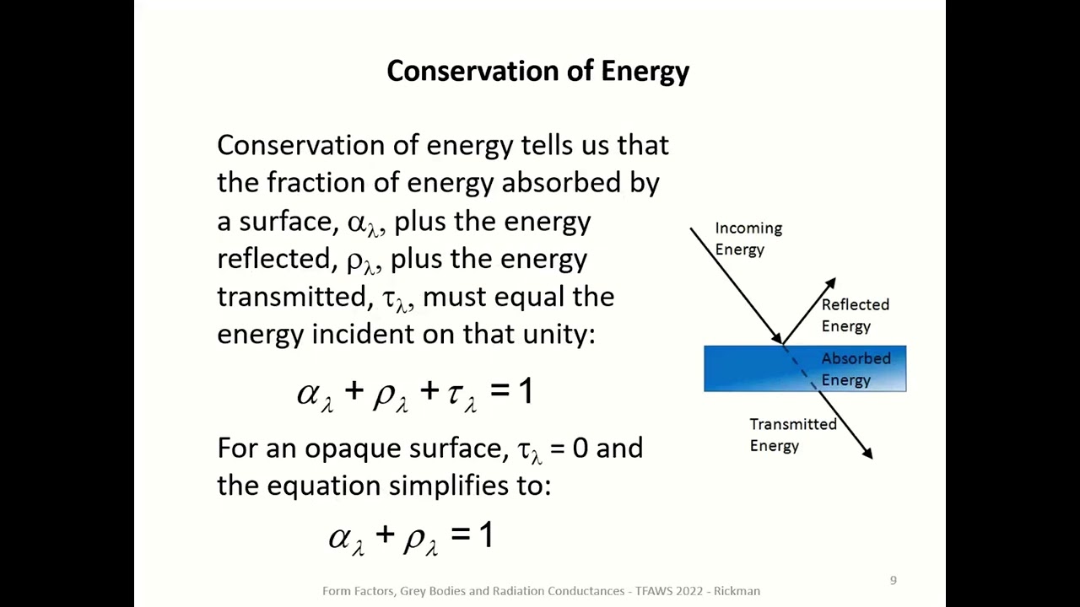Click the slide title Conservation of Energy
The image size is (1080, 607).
pos(537,71)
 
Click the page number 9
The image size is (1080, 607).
pos(894,580)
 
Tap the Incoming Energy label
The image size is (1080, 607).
pos(748,239)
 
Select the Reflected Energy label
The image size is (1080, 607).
pos(854,315)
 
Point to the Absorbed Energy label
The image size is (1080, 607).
pos(855,369)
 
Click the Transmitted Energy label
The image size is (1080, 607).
pos(792,435)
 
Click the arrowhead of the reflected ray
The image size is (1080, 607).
pos(830,284)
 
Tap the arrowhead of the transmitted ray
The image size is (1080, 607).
pos(867,454)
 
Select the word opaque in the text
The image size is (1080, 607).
pos(353,449)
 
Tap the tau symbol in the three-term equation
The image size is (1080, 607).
pos(456,393)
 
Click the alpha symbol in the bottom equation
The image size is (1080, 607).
pos(340,537)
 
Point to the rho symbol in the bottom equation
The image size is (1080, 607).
pos(414,537)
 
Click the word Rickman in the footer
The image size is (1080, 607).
pos(737,591)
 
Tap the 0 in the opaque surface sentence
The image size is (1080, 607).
pos(580,448)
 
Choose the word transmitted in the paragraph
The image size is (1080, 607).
pos(292,297)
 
